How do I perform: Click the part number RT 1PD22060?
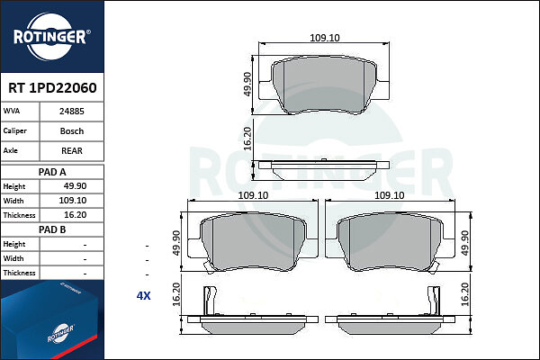coord(52,88)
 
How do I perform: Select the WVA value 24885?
coord(72,112)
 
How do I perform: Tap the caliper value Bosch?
coord(72,130)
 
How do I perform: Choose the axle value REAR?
coord(72,150)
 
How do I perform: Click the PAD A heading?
coord(52,172)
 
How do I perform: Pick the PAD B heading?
coord(52,229)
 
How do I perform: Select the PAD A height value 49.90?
coord(75,186)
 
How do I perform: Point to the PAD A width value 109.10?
coord(73,201)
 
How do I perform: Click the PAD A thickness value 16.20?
coord(76,215)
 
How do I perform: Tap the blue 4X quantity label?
coord(144,295)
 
